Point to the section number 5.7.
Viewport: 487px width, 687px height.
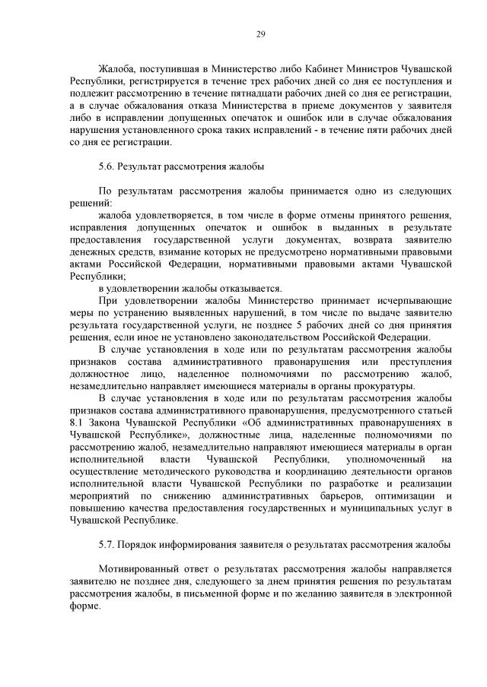[106, 544]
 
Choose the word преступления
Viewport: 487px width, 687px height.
[420, 361]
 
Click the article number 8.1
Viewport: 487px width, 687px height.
[77, 423]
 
